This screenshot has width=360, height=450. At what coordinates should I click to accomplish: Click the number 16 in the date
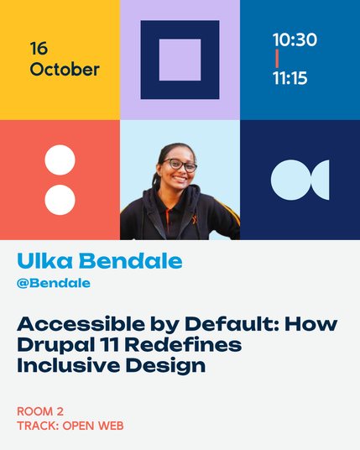(39, 48)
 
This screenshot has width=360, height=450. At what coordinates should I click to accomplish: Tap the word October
(65, 70)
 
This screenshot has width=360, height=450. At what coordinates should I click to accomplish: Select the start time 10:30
(295, 39)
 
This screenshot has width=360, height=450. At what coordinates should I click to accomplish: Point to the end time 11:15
(290, 78)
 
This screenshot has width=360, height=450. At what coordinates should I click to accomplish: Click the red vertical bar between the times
(277, 59)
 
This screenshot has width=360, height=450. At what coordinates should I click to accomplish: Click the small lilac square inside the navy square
(180, 60)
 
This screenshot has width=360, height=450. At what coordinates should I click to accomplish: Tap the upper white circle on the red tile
(60, 160)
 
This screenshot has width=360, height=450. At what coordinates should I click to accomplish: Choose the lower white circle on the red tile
(60, 200)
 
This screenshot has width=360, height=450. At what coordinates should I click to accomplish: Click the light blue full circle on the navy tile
(291, 180)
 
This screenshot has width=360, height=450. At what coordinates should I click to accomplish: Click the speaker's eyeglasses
(180, 165)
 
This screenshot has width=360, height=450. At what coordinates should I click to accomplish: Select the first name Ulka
(44, 261)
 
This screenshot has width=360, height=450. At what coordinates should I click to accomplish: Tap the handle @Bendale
(54, 283)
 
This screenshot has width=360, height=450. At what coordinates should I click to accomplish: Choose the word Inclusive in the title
(69, 365)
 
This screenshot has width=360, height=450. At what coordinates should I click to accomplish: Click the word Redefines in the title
(183, 344)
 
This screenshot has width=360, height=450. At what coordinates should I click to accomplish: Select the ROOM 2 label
(40, 411)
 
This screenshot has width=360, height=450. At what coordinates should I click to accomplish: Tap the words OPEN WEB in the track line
(93, 426)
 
